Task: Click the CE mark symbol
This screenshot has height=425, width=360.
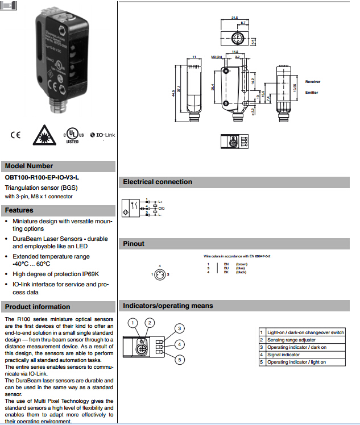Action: coord(15,135)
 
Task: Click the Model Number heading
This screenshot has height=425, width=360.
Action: coord(29,166)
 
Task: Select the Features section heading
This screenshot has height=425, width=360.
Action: coord(19,210)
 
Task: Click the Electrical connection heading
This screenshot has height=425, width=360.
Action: coord(158,182)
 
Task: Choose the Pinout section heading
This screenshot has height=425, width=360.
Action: coord(134,244)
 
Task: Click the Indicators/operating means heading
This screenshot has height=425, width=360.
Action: coord(168,306)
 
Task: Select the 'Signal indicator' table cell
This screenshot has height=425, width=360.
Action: coord(283,355)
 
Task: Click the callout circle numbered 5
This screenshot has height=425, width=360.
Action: coord(179,359)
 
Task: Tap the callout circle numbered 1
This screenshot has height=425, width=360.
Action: coord(133,323)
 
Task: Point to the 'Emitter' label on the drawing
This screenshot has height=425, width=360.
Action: coord(312,92)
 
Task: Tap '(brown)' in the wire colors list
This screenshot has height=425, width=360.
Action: coord(242,264)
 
